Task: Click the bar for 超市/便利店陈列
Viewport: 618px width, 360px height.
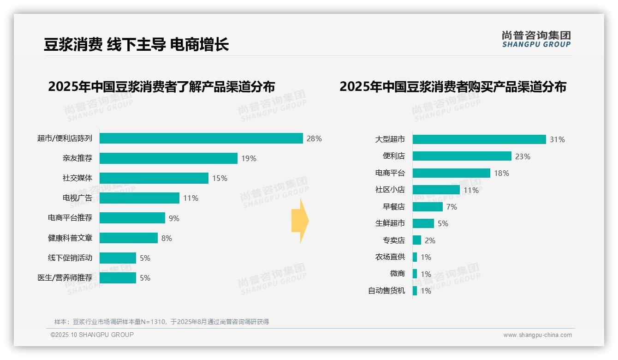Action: [x=201, y=138]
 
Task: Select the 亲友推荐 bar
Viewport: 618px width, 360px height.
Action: [x=168, y=158]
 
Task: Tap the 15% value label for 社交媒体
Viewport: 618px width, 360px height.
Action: [x=220, y=178]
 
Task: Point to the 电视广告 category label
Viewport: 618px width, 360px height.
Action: [x=77, y=198]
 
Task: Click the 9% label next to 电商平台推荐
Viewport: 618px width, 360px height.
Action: [x=174, y=218]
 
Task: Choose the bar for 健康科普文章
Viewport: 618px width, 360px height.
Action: [x=129, y=238]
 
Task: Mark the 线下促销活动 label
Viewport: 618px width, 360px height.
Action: [x=70, y=258]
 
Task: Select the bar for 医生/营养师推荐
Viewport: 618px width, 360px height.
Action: [x=118, y=278]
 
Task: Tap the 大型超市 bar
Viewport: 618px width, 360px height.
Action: [x=479, y=139]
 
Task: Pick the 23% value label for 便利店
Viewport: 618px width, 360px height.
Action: [x=523, y=156]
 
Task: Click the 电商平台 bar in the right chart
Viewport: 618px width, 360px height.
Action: [x=451, y=173]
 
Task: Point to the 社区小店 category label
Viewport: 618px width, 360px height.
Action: [x=390, y=190]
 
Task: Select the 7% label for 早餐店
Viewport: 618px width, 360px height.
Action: [x=452, y=207]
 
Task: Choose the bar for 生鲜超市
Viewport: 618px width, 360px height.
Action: [x=423, y=223]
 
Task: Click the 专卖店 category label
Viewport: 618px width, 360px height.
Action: [x=394, y=240]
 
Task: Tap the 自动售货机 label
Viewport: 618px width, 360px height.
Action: [x=386, y=291]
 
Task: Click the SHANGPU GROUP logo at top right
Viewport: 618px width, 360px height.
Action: [x=536, y=39]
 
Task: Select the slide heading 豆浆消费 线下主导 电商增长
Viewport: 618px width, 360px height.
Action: [x=136, y=45]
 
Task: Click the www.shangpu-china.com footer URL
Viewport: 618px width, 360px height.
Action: [x=537, y=335]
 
